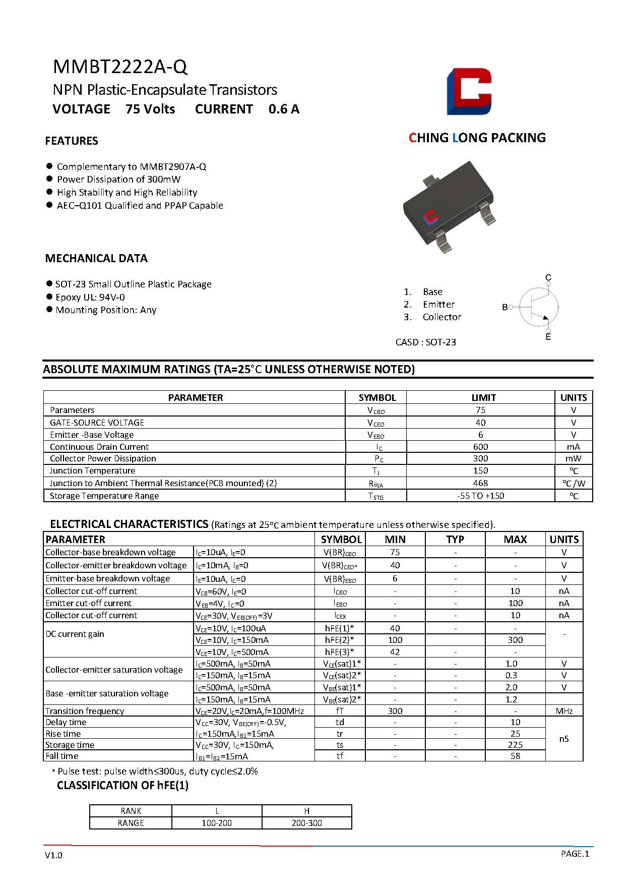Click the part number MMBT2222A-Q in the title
click(x=120, y=67)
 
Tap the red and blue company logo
click(x=469, y=91)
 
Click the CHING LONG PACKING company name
click(x=477, y=138)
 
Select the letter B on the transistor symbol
click(x=505, y=307)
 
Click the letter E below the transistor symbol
click(x=548, y=337)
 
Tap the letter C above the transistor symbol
click(x=548, y=277)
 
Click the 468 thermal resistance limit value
click(x=480, y=483)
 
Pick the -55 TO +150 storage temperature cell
click(x=480, y=496)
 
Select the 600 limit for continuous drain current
click(x=480, y=447)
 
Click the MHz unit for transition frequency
click(x=564, y=711)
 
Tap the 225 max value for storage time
click(x=515, y=745)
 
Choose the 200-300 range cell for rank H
click(x=306, y=823)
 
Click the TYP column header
click(x=455, y=539)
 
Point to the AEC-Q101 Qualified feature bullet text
click(x=140, y=205)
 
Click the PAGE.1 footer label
click(x=575, y=854)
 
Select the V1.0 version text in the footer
click(x=53, y=855)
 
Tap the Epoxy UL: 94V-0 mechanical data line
click(x=90, y=297)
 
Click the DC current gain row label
click(x=75, y=634)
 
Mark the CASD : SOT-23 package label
click(x=426, y=342)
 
